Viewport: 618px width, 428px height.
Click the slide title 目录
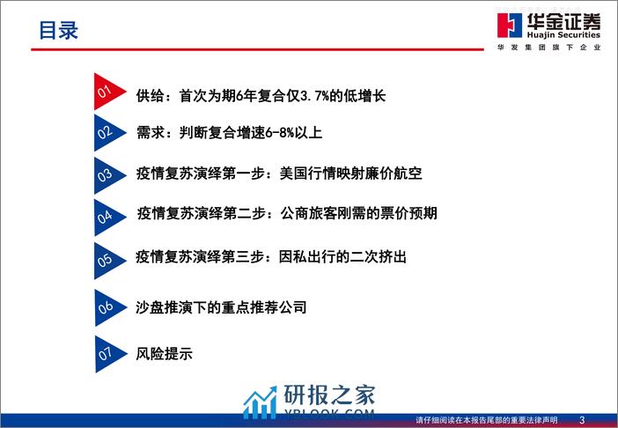[58, 30]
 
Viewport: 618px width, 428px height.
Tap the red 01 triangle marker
[107, 92]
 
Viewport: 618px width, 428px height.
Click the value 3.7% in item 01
[314, 96]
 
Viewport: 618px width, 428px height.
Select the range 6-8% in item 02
[279, 133]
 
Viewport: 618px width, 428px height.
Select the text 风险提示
[165, 353]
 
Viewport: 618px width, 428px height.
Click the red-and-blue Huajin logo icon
[510, 26]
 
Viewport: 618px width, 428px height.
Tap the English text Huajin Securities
[563, 34]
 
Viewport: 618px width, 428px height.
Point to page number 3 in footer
[582, 420]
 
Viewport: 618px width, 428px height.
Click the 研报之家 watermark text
[329, 395]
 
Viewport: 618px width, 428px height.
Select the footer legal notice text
[487, 420]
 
